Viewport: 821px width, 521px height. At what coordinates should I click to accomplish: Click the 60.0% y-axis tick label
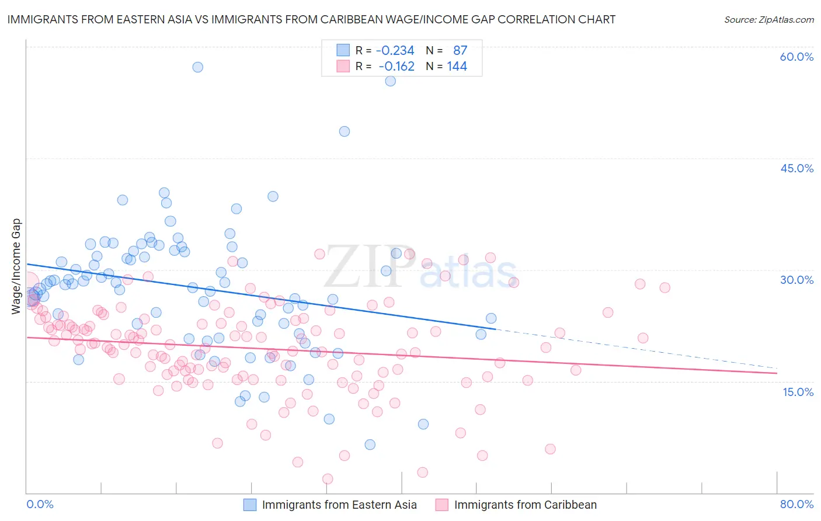point(796,57)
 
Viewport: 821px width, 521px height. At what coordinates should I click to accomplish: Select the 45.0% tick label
point(796,168)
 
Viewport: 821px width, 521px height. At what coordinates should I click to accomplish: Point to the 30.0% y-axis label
point(796,280)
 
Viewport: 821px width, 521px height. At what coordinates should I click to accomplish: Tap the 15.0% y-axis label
point(798,392)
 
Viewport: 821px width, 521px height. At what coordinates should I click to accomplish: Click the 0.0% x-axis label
point(40,504)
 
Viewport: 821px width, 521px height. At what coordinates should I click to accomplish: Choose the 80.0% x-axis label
point(796,504)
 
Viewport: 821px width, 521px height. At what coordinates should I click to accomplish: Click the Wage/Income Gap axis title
point(16,266)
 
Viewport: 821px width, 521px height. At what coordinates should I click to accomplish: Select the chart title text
point(311,19)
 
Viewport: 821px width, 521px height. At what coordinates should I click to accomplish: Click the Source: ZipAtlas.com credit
point(768,19)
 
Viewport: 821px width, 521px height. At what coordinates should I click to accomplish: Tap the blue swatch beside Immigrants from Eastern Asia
point(250,505)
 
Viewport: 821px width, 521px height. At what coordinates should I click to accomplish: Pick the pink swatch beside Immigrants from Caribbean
point(441,505)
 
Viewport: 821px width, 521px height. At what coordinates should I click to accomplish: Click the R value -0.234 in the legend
point(395,51)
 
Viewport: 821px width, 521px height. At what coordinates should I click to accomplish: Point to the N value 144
point(457,67)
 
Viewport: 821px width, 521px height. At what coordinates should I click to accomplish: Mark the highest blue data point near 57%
point(198,67)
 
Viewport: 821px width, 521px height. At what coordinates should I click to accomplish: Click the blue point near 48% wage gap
point(345,131)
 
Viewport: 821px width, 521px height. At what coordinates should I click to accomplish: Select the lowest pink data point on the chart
point(328,479)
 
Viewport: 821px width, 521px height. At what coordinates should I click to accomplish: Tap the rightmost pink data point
point(665,287)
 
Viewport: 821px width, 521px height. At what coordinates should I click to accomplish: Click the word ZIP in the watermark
point(368,267)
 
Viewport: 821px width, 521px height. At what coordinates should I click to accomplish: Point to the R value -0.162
point(396,67)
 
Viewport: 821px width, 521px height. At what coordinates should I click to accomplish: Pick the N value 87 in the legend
point(460,51)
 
